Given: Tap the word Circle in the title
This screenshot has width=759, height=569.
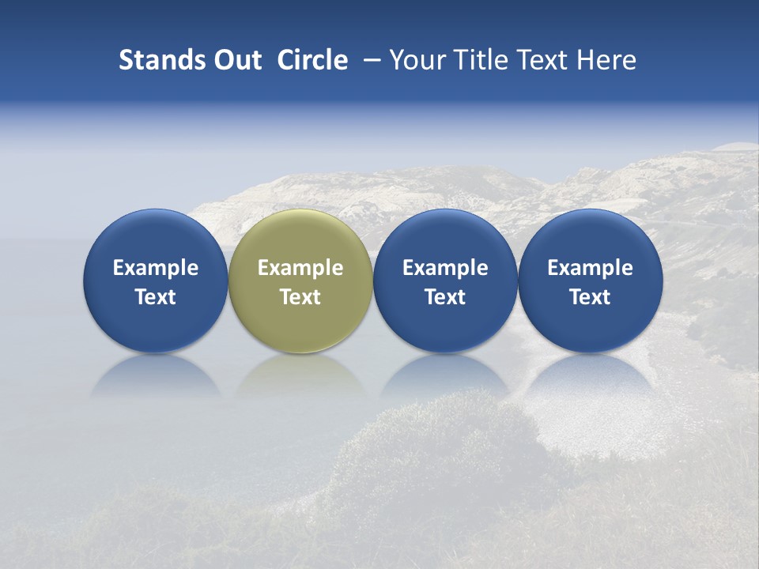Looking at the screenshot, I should [x=312, y=60].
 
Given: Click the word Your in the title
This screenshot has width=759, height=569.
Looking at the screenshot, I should [x=415, y=60].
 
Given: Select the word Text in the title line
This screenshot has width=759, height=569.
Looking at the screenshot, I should [x=540, y=60].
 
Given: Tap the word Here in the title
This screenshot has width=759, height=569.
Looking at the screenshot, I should [x=606, y=60].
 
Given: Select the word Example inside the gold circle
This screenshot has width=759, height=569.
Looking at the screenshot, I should [x=300, y=268].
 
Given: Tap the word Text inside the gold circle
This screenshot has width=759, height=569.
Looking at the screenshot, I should [x=300, y=297].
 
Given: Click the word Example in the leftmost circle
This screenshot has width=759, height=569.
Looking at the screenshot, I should [x=156, y=268].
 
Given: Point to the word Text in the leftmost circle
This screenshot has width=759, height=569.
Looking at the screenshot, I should [x=156, y=297].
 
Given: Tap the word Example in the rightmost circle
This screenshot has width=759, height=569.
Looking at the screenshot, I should [x=590, y=268].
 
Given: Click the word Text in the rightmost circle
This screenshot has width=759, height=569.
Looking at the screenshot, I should [x=590, y=297].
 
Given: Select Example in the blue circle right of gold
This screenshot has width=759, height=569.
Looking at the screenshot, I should [x=445, y=268].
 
